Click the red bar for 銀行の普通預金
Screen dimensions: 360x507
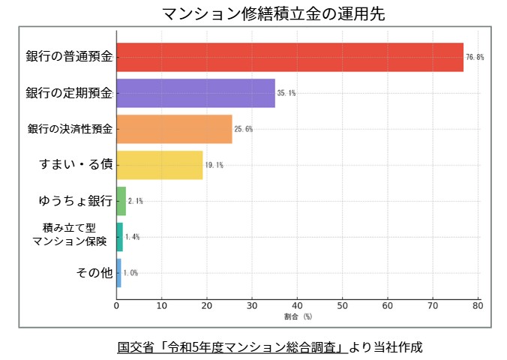pos(289,57)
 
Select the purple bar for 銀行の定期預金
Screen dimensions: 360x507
pos(196,93)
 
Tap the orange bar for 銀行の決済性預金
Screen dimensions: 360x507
pos(174,129)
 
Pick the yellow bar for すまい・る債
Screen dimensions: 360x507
pos(160,165)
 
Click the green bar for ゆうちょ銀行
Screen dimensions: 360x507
pos(121,201)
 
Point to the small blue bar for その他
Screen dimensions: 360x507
pos(118,273)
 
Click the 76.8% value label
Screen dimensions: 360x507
pos(475,57)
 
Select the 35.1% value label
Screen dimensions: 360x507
pos(286,93)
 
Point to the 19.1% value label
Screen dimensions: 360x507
pos(214,165)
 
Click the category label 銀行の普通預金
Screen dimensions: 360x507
pos(69,57)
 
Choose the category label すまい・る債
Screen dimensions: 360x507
pos(75,165)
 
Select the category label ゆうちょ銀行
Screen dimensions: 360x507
pos(75,201)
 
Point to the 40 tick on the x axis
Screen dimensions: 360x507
pos(297,305)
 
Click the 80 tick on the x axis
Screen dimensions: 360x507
pos(478,305)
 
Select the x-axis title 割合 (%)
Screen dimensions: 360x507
pos(297,317)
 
